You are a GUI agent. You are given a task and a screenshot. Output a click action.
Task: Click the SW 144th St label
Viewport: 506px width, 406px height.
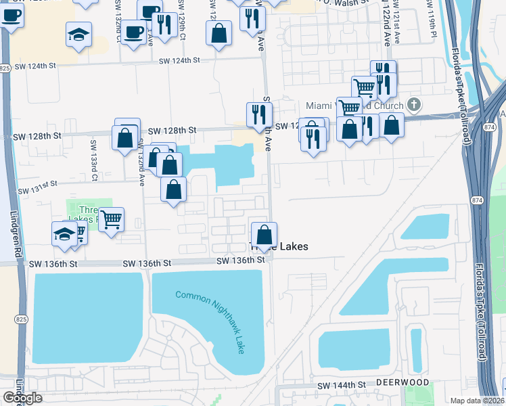(x=341, y=385)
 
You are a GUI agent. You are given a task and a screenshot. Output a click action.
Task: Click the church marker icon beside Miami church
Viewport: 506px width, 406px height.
(x=414, y=105)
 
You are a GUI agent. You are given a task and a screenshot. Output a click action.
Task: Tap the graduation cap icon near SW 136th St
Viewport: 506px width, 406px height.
(x=64, y=233)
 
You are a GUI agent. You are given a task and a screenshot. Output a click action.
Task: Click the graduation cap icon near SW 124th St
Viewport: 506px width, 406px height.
(x=78, y=33)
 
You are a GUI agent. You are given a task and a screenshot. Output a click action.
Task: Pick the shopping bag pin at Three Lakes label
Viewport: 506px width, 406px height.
(x=264, y=235)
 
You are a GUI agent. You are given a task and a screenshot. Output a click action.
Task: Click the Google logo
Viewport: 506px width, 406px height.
(x=22, y=398)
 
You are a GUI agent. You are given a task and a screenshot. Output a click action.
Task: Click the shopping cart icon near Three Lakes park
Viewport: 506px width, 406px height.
(x=111, y=219)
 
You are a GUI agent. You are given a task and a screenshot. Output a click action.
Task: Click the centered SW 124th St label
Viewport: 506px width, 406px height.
(x=180, y=61)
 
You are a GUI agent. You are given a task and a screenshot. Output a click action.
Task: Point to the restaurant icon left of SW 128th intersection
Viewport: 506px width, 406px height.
(x=258, y=114)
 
